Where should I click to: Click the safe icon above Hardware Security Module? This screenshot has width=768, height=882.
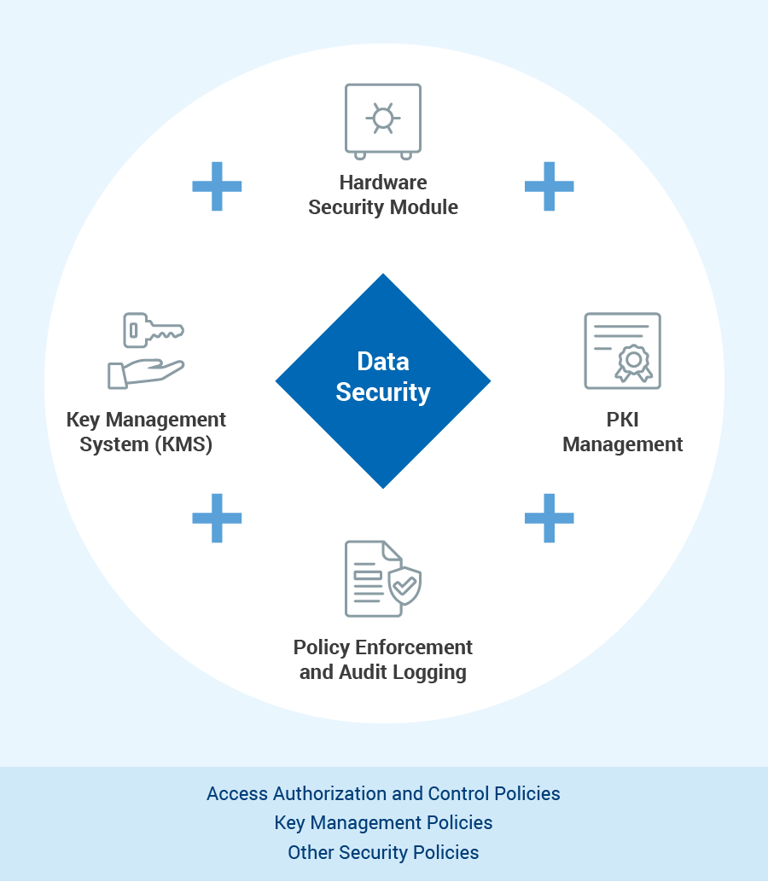tap(383, 120)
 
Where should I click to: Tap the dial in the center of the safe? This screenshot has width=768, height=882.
tap(383, 118)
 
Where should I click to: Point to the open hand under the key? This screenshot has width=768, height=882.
tap(145, 373)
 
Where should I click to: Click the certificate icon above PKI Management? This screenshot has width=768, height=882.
tap(622, 351)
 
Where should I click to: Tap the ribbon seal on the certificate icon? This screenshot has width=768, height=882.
tap(634, 362)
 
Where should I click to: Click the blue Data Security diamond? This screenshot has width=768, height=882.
tap(383, 380)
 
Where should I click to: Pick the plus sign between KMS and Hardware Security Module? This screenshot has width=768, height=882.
tap(217, 186)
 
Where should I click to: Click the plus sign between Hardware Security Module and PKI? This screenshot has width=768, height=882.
tap(549, 186)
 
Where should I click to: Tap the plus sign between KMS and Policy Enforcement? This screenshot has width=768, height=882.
tap(217, 518)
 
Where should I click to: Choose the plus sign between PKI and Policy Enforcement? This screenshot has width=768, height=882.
tap(549, 518)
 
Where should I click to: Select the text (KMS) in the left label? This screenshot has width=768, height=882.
tap(184, 444)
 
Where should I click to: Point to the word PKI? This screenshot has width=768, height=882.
tap(623, 420)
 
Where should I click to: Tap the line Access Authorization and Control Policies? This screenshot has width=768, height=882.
tap(383, 793)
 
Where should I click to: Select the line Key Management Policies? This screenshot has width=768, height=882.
tap(383, 823)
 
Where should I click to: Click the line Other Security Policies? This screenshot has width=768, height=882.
tap(383, 852)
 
